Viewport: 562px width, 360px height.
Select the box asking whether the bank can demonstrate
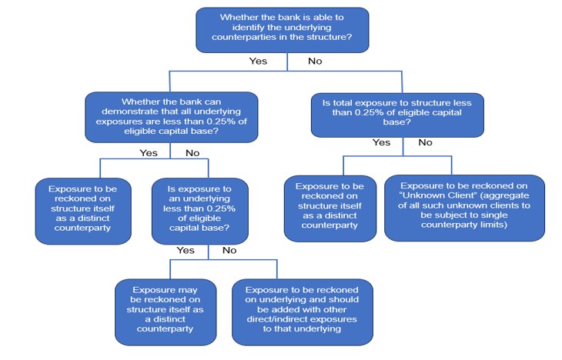(170, 116)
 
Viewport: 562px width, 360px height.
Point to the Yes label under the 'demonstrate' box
(148, 153)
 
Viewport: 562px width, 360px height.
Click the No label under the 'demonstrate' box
(192, 153)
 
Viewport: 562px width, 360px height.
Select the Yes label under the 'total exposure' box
(381, 142)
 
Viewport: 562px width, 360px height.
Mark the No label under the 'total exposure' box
(425, 142)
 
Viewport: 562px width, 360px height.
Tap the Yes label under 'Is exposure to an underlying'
(186, 251)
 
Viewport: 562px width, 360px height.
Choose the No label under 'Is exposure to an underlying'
(229, 251)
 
